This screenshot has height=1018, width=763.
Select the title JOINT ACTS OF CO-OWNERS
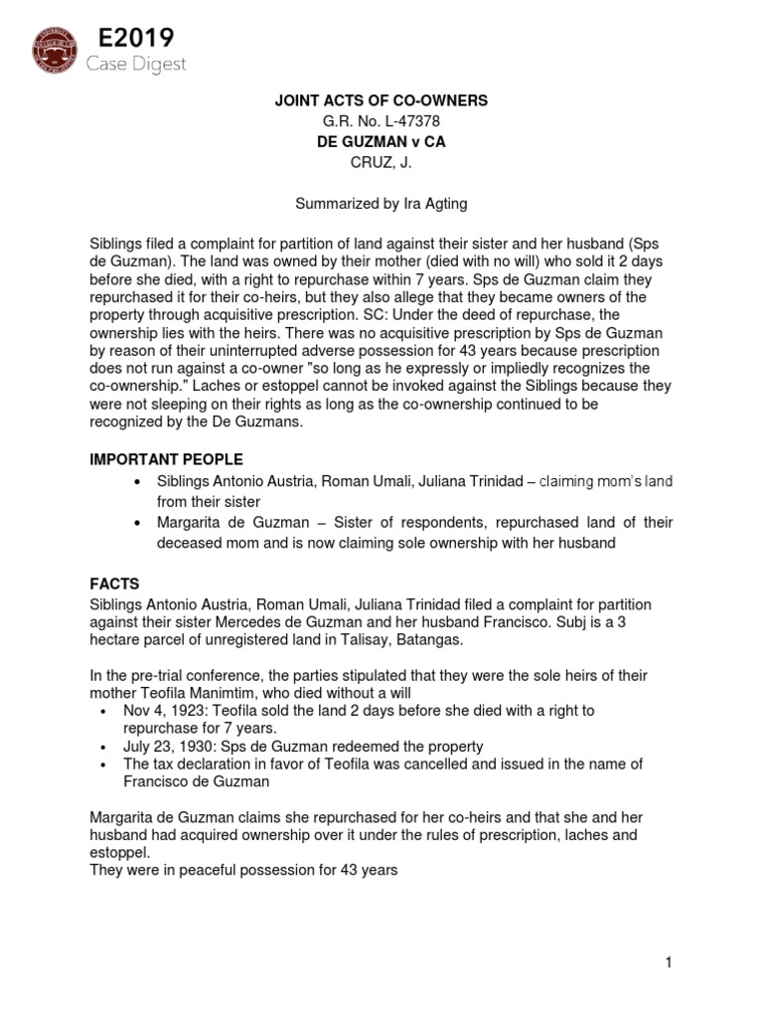pos(381,101)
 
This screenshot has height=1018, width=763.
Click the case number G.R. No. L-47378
pos(381,122)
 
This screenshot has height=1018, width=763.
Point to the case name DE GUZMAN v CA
pos(381,142)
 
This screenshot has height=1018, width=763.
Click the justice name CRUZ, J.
pos(381,163)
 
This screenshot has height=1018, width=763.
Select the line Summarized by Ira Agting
pos(381,203)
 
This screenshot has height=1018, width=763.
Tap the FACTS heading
pos(114,585)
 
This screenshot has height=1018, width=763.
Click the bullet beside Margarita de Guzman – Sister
pos(136,523)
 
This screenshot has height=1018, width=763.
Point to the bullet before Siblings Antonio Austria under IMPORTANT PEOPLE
pos(136,482)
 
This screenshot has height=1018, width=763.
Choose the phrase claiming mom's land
pos(607,482)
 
